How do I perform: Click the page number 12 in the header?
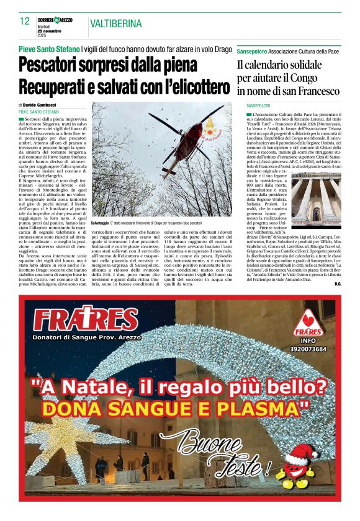24,21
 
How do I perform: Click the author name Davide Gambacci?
39,105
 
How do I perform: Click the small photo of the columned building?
317,200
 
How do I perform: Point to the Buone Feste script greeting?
212,454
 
